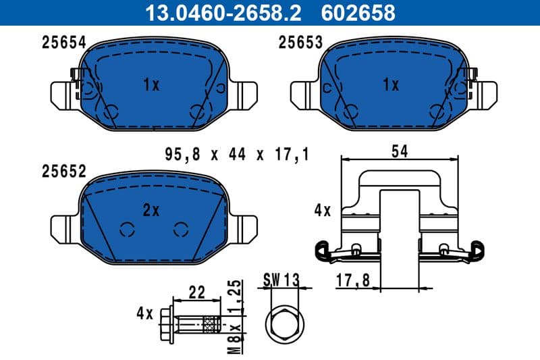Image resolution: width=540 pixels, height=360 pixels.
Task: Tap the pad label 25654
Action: [x=63, y=43]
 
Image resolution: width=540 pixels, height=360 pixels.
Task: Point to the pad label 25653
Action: [x=301, y=43]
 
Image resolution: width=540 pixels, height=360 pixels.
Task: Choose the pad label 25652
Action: [x=63, y=172]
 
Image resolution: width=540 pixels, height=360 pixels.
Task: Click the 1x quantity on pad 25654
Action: [x=151, y=85]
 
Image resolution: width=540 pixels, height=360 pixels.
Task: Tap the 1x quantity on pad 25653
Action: [x=391, y=85]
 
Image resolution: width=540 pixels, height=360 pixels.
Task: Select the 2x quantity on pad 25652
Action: [x=151, y=211]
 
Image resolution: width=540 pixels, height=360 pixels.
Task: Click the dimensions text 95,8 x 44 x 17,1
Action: [x=236, y=155]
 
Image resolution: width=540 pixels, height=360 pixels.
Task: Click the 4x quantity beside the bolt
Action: [x=145, y=313]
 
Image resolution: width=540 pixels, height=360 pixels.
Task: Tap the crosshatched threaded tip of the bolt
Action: [x=212, y=326]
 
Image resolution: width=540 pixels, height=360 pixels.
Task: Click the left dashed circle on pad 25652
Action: [x=126, y=229]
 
